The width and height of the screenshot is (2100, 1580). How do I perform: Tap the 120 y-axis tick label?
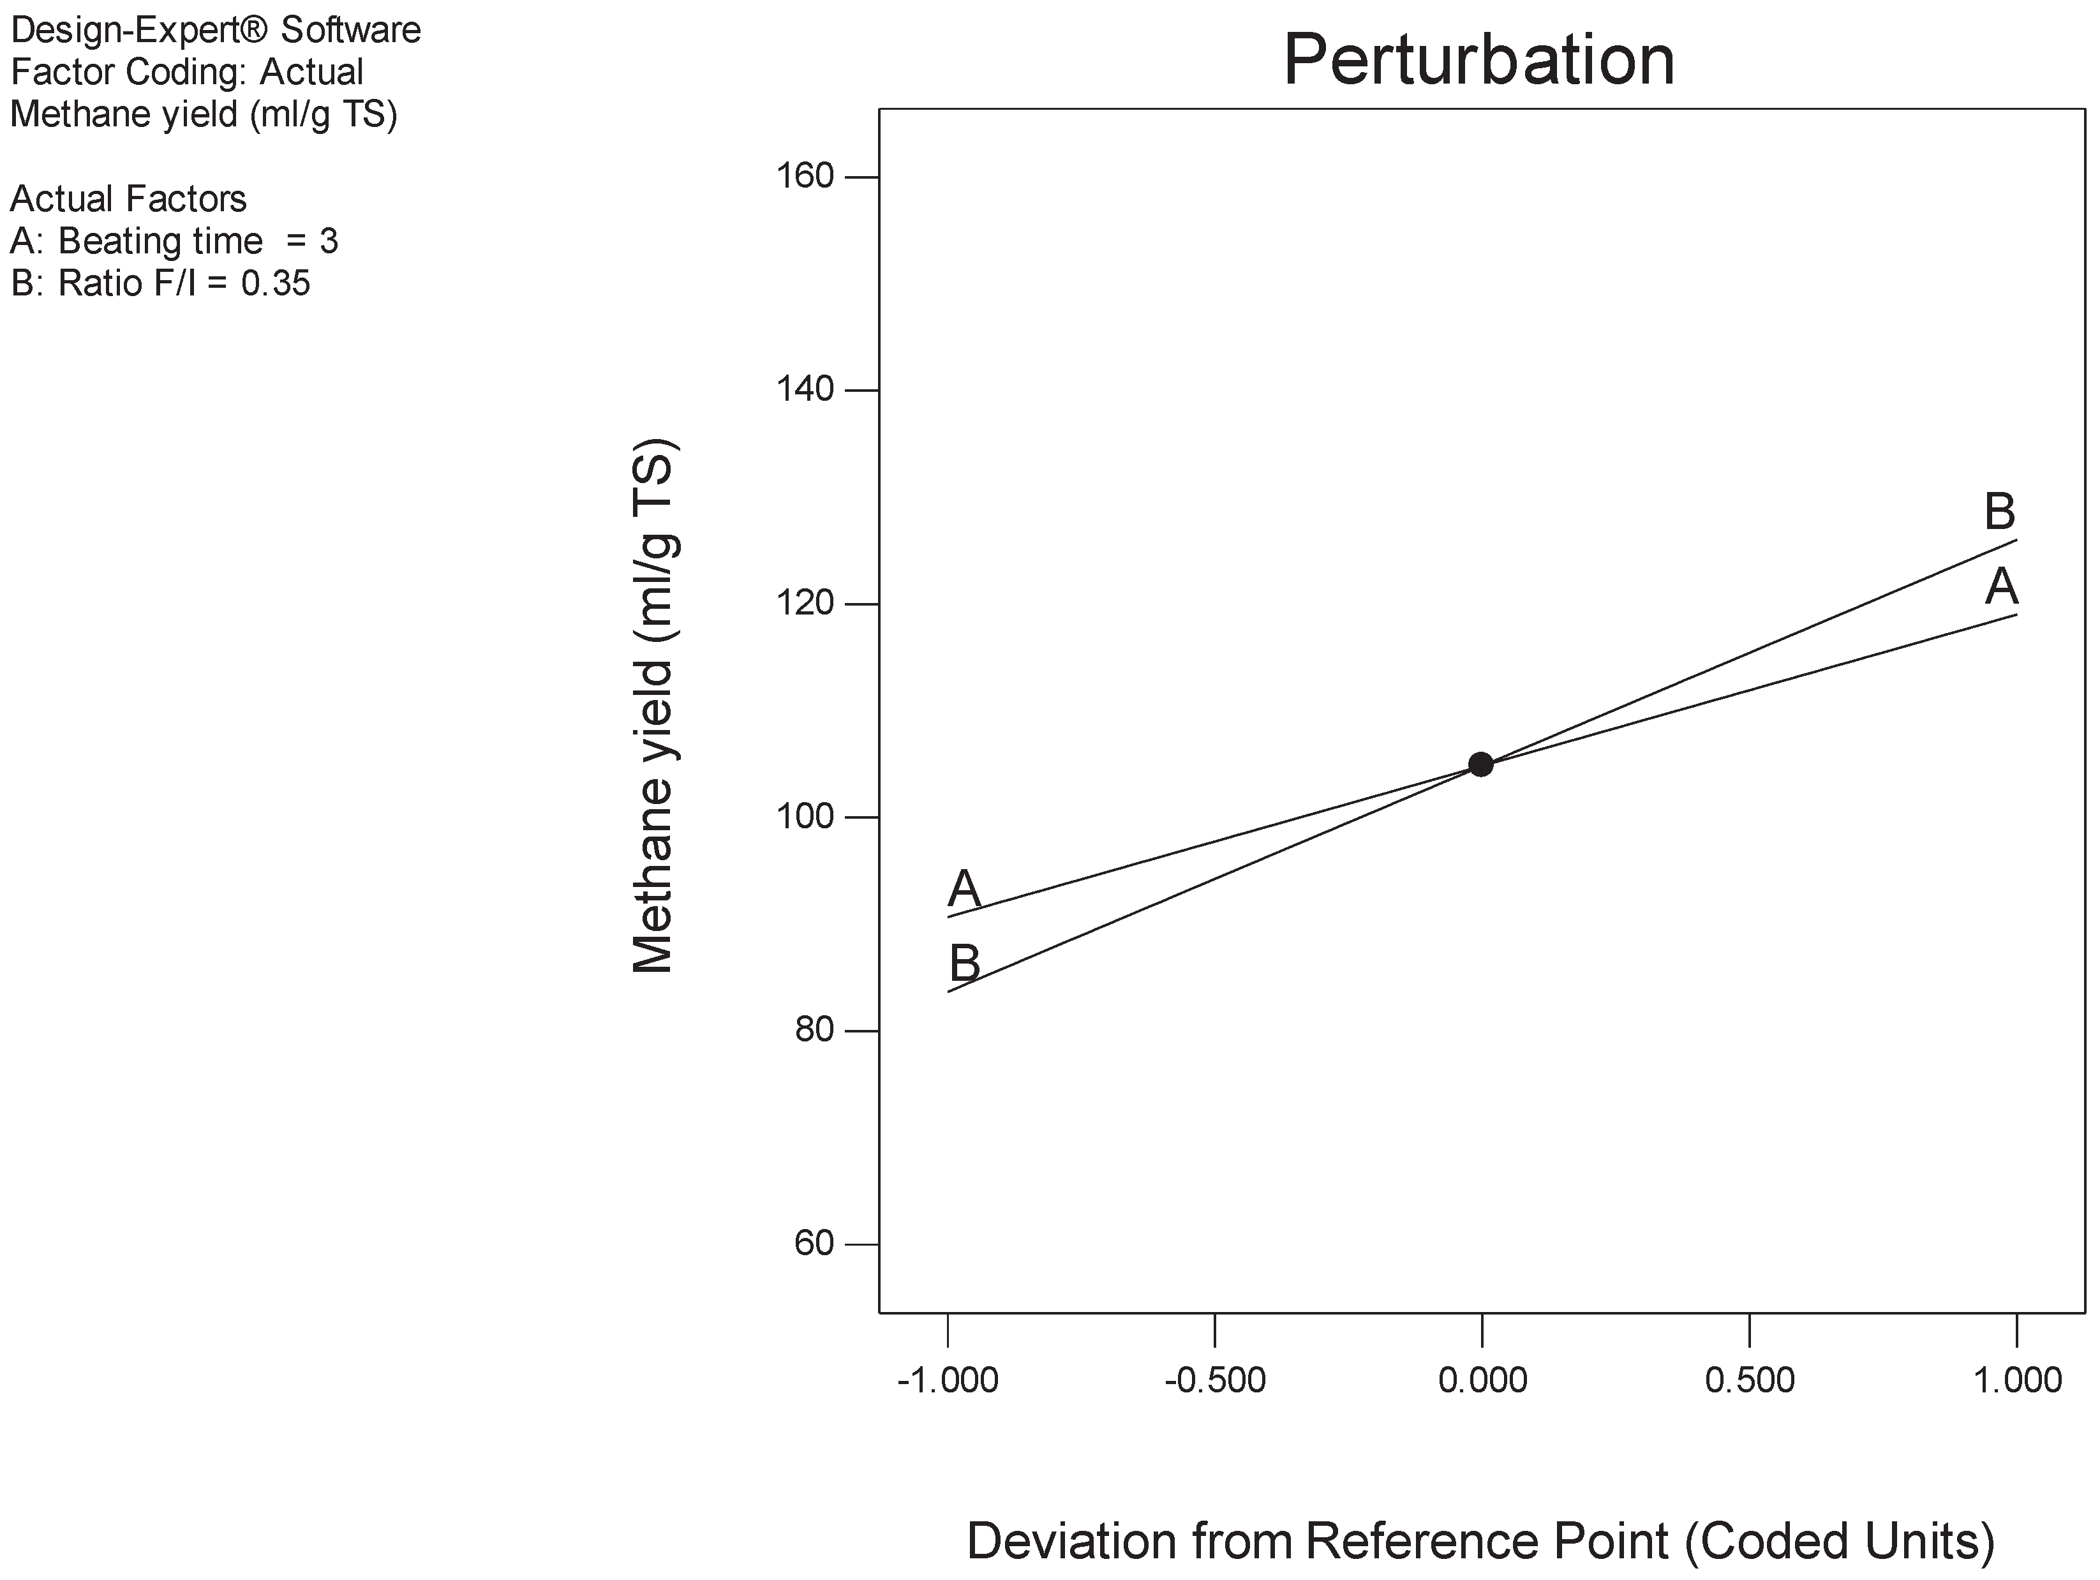click(805, 603)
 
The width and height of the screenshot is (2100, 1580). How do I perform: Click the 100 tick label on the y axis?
click(805, 817)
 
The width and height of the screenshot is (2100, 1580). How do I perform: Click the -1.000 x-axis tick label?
click(948, 1380)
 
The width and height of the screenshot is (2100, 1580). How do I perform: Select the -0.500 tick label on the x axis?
click(1215, 1380)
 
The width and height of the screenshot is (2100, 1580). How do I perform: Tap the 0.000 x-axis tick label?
click(1482, 1380)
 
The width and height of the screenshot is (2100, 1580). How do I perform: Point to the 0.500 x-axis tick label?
click(1750, 1380)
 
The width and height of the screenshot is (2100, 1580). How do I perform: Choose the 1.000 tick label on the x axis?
click(2018, 1380)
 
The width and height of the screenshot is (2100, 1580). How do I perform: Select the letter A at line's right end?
click(2001, 587)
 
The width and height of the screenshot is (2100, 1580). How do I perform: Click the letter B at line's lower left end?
click(965, 964)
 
